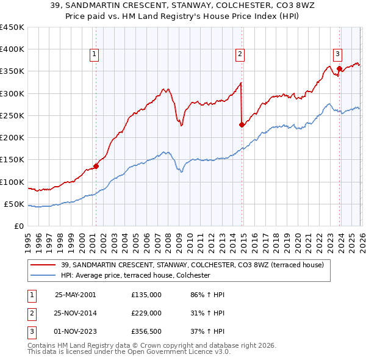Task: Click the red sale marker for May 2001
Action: pos(96,166)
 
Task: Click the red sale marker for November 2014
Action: pos(242,124)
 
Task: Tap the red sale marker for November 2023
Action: pos(339,68)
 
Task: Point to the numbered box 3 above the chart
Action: pos(337,53)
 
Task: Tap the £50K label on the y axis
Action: pos(14,204)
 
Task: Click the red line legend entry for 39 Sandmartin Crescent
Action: pos(196,265)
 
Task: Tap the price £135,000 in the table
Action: pos(146,294)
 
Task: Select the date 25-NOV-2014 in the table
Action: pos(75,313)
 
